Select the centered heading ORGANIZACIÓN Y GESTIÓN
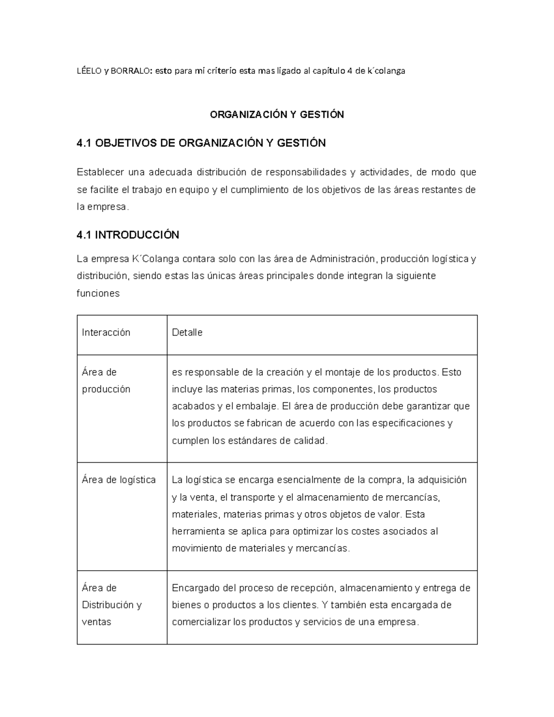(x=277, y=114)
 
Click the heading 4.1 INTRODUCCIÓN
(x=128, y=235)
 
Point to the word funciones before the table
(x=98, y=293)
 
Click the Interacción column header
(x=106, y=332)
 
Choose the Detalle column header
(x=187, y=332)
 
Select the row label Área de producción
(x=106, y=380)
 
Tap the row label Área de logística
(x=119, y=480)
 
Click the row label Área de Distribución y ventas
(x=111, y=605)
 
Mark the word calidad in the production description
(x=310, y=440)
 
